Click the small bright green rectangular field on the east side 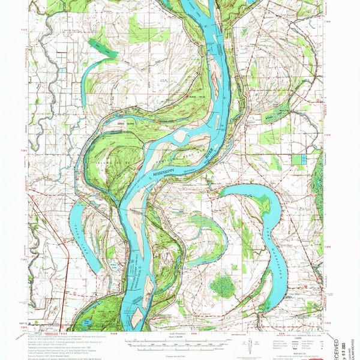click(x=298, y=160)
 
